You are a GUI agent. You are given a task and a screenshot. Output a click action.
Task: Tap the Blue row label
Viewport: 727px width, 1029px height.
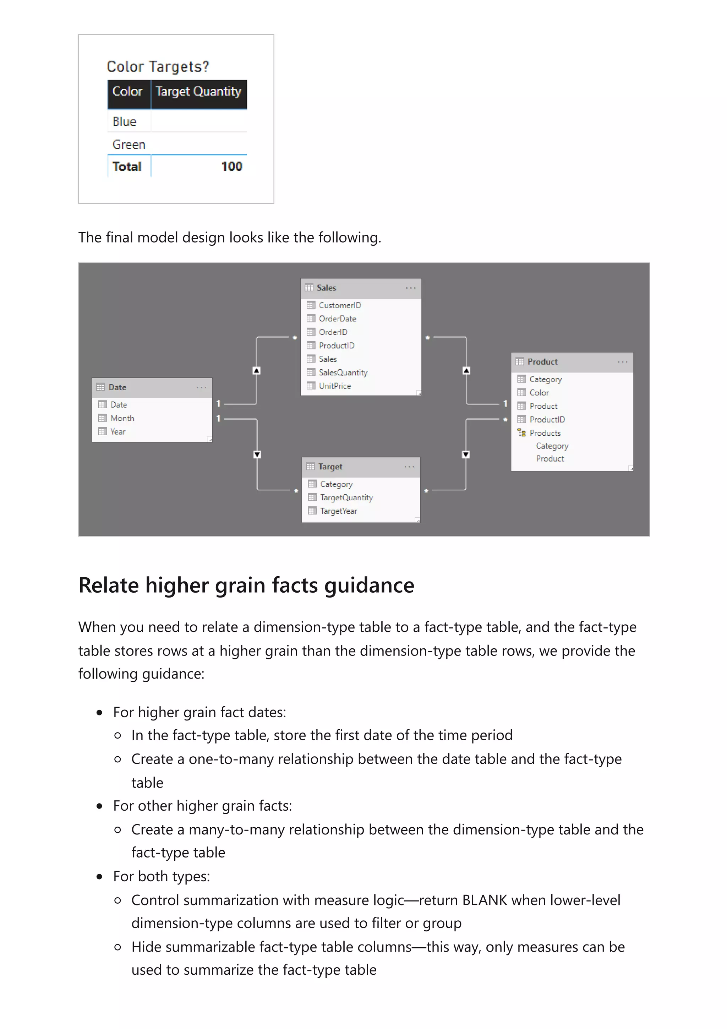124,121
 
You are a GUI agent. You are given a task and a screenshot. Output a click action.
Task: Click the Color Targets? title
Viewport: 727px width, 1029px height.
158,66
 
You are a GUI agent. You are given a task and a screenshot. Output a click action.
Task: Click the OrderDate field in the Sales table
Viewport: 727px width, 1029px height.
337,318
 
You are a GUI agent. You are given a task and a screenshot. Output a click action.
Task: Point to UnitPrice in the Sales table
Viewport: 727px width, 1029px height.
335,386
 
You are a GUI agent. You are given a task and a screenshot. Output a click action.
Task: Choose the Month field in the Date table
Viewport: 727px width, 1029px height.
122,418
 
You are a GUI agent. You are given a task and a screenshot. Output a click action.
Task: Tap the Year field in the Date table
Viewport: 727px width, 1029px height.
118,431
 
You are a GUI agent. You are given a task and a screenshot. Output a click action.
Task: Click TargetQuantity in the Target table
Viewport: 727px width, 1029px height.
346,497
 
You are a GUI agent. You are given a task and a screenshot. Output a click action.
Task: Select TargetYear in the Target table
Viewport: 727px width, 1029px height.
338,511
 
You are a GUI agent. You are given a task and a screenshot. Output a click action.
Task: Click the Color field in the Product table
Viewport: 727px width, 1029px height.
539,393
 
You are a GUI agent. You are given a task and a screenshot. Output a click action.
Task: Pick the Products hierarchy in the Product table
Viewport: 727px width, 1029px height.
545,433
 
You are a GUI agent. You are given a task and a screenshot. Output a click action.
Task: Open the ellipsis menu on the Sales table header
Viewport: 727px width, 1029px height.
410,288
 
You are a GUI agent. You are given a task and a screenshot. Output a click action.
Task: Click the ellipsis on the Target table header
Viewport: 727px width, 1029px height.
409,467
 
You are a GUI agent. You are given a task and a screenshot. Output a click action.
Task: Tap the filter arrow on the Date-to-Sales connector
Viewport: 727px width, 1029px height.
257,371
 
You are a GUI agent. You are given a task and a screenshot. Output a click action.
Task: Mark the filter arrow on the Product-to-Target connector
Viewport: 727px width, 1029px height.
466,454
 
